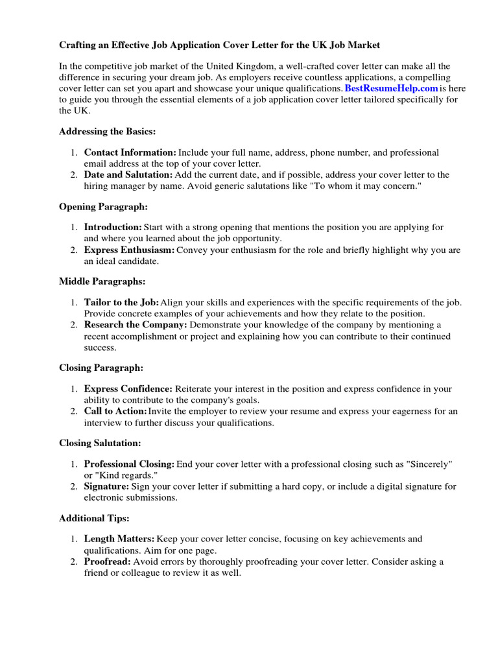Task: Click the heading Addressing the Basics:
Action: coord(107,132)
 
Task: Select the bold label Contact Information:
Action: coord(130,153)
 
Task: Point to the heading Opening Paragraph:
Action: coord(103,207)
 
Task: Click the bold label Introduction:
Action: coord(113,228)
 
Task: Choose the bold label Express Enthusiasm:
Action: coord(129,250)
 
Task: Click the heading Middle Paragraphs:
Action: coord(102,281)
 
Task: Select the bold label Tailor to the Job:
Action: coord(121,303)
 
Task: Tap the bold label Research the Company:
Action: coord(136,325)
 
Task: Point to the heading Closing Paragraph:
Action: coord(101,368)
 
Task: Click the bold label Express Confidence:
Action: coord(128,389)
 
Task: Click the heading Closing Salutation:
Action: coord(100,443)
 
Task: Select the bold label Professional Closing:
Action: coord(129,464)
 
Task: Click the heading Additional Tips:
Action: coord(94,518)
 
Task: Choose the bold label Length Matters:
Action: coord(119,539)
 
